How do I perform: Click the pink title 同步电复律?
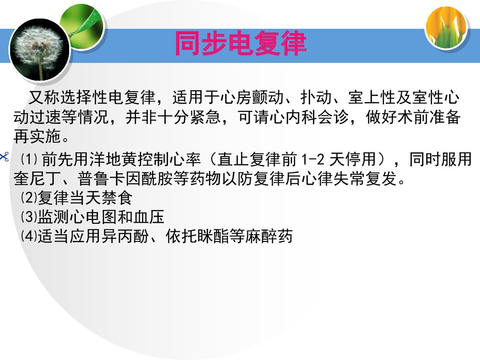click(x=240, y=44)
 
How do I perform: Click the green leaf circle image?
click(x=83, y=26)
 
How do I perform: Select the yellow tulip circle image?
click(x=446, y=27)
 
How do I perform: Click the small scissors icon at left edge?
click(x=4, y=156)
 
